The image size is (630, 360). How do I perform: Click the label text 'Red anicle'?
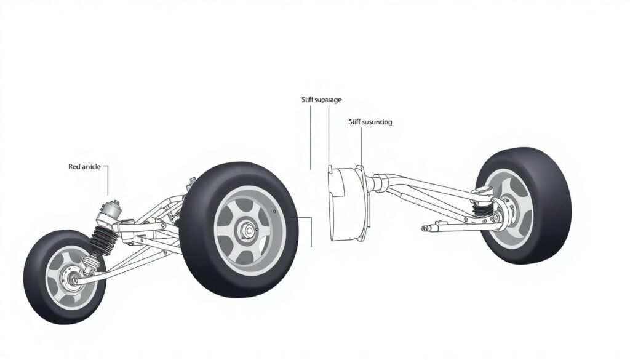(x=84, y=167)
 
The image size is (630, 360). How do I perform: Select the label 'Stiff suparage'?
(x=321, y=100)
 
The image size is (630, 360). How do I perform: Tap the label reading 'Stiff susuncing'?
(x=370, y=122)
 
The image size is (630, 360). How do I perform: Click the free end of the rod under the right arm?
(x=425, y=228)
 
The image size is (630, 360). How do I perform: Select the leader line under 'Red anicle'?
(x=108, y=182)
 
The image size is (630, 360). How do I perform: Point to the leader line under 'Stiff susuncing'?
(x=362, y=148)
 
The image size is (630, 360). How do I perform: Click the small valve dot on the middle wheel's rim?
(x=278, y=214)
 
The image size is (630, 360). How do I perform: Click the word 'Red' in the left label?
(x=74, y=167)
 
